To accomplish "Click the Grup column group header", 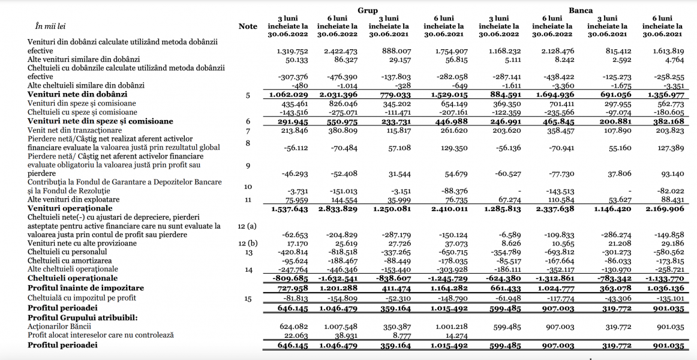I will [368, 10].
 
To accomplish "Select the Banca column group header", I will [581, 10].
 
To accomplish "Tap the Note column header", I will [248, 26].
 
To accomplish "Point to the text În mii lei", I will [50, 26].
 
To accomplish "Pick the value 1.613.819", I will [667, 51].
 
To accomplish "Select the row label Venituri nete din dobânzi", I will [77, 95].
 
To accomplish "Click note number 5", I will [247, 95].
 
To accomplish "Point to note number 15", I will [247, 298].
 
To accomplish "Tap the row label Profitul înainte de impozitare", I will [86, 289].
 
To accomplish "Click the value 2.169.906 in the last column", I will [663, 209].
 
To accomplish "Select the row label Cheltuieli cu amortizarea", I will [69, 261].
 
